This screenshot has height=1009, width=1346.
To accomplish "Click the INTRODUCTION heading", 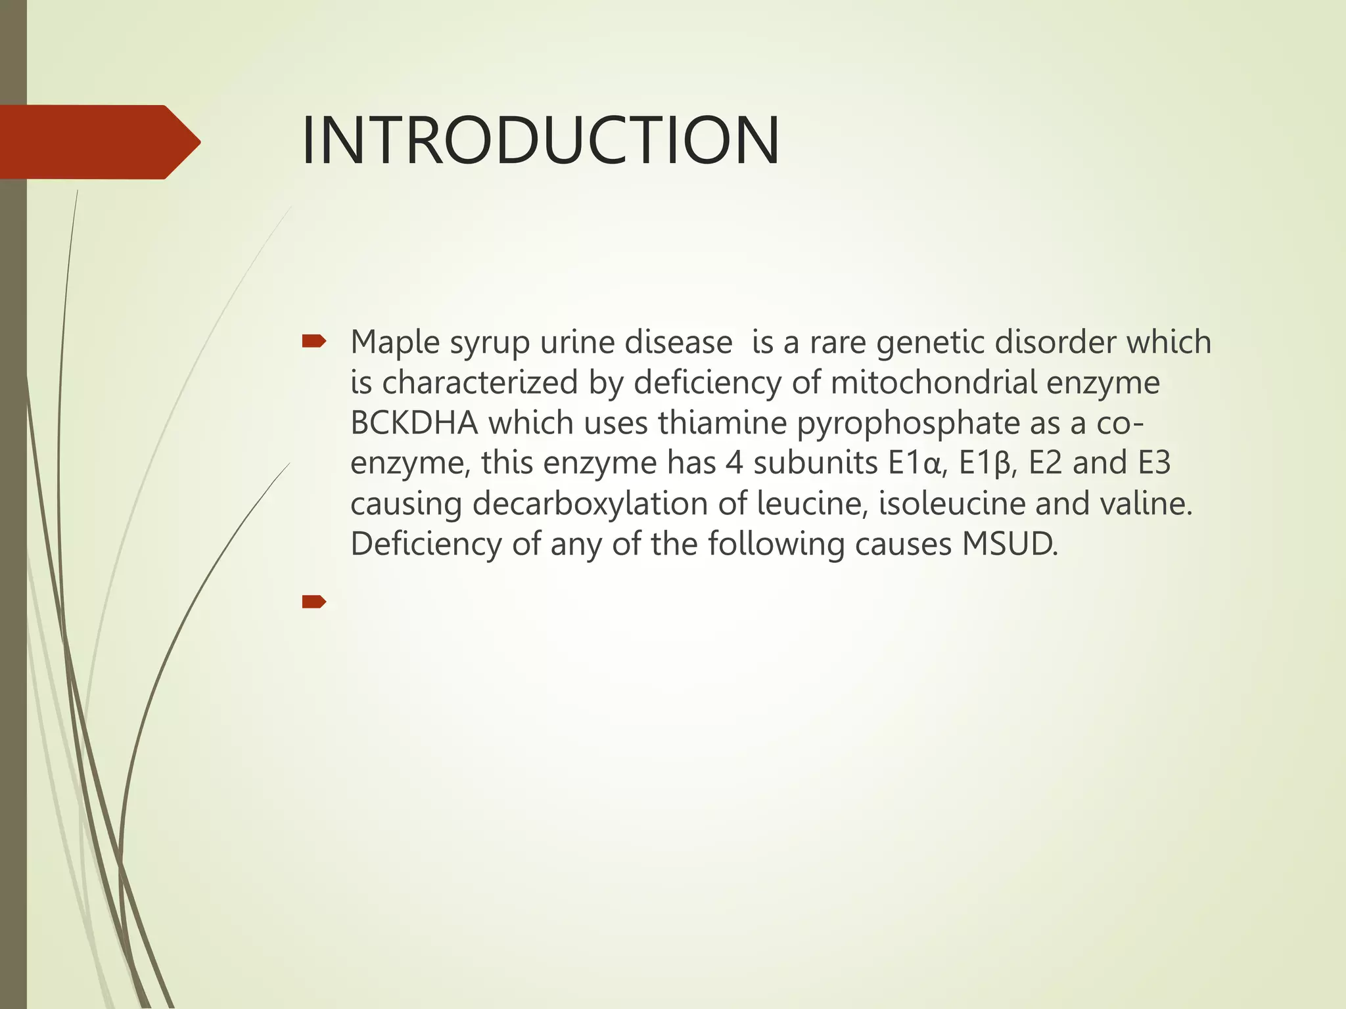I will pos(540,141).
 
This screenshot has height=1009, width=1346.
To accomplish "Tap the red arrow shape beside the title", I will pos(99,142).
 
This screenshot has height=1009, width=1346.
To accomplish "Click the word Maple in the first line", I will pos(395,343).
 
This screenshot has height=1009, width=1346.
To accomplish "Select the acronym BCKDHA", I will pos(414,423).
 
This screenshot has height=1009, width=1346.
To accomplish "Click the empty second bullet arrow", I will pos(313,601).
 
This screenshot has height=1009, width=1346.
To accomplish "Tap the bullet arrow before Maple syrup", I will pos(313,341).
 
